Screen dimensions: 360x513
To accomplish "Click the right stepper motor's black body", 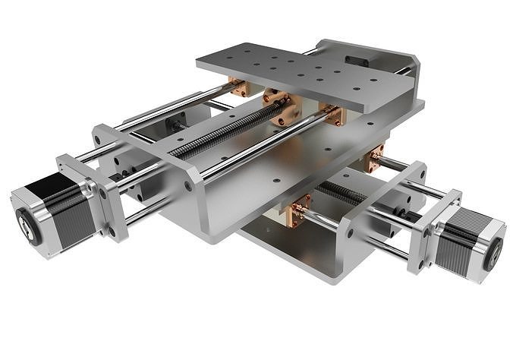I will click(x=452, y=242).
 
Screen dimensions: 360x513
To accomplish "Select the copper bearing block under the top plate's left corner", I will click(x=241, y=88).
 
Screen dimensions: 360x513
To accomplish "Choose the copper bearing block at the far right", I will click(x=376, y=159).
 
